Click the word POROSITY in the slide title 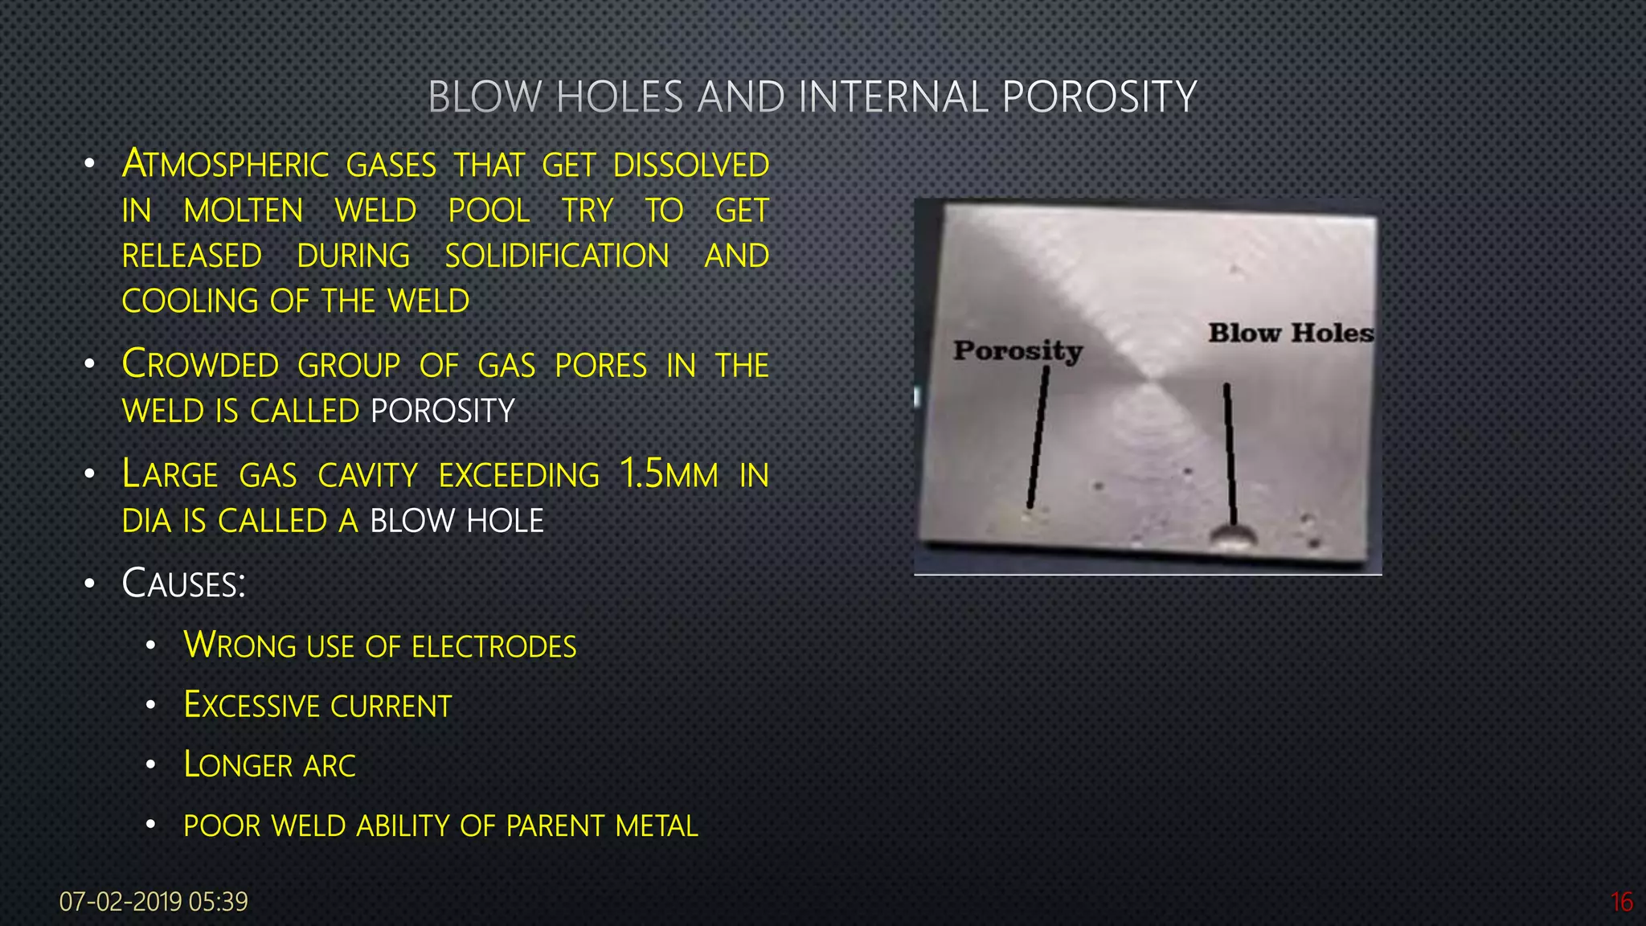pyautogui.click(x=1099, y=97)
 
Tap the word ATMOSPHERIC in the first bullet pyautogui.click(x=225, y=165)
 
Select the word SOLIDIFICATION pyautogui.click(x=557, y=256)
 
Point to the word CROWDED pyautogui.click(x=200, y=365)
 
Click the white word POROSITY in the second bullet pyautogui.click(x=442, y=411)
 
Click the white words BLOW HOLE pyautogui.click(x=457, y=521)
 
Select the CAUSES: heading pyautogui.click(x=183, y=584)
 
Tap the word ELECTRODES pyautogui.click(x=494, y=646)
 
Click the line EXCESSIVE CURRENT pyautogui.click(x=317, y=706)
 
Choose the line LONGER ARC pyautogui.click(x=269, y=765)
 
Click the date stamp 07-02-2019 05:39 pyautogui.click(x=154, y=902)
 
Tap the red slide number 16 pyautogui.click(x=1621, y=902)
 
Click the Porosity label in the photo pyautogui.click(x=1017, y=350)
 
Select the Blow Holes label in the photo pyautogui.click(x=1290, y=333)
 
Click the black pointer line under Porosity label pyautogui.click(x=1038, y=438)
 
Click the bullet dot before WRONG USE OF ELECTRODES pyautogui.click(x=150, y=646)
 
